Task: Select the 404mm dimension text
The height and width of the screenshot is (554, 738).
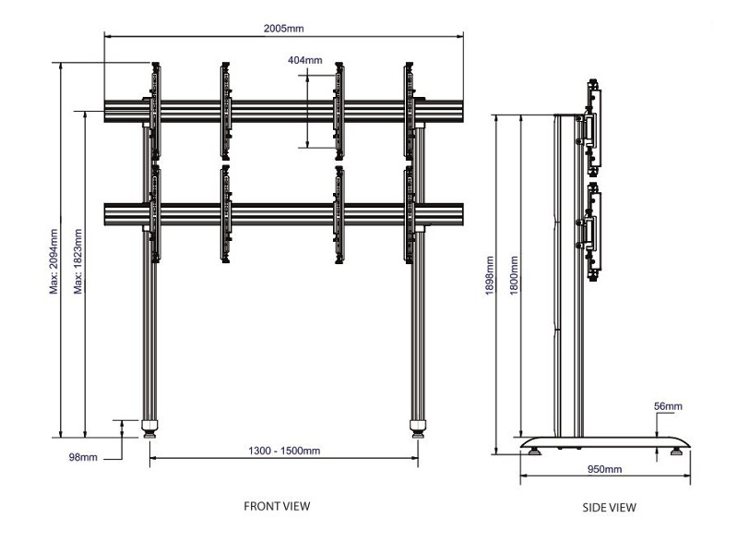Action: pyautogui.click(x=305, y=61)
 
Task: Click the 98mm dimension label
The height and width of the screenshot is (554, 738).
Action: pyautogui.click(x=83, y=457)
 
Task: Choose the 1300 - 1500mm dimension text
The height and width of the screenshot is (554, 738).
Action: pyautogui.click(x=284, y=451)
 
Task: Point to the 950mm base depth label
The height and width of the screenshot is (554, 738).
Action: pyautogui.click(x=605, y=469)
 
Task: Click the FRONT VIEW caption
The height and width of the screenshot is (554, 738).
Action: pyautogui.click(x=277, y=506)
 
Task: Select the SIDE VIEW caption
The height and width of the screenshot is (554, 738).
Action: pyautogui.click(x=609, y=507)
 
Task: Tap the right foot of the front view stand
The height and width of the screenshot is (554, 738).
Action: pyautogui.click(x=418, y=428)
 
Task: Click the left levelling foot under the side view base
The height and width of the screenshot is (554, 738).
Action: pyautogui.click(x=533, y=452)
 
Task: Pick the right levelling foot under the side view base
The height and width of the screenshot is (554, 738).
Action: pyautogui.click(x=678, y=452)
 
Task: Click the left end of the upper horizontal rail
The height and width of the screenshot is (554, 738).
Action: pyautogui.click(x=109, y=110)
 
